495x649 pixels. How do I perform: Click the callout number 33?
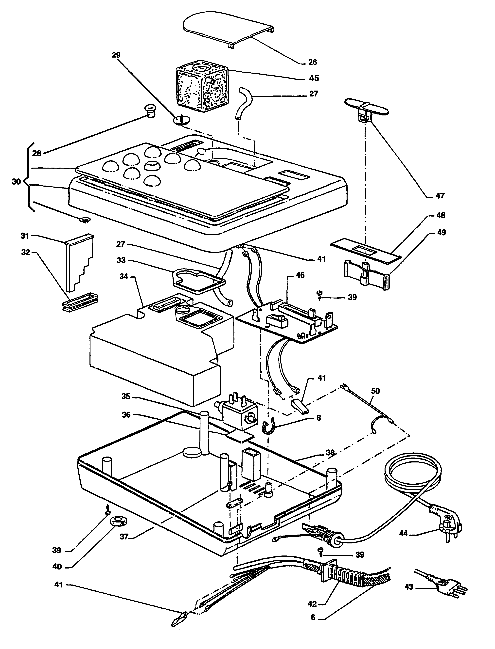121,260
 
